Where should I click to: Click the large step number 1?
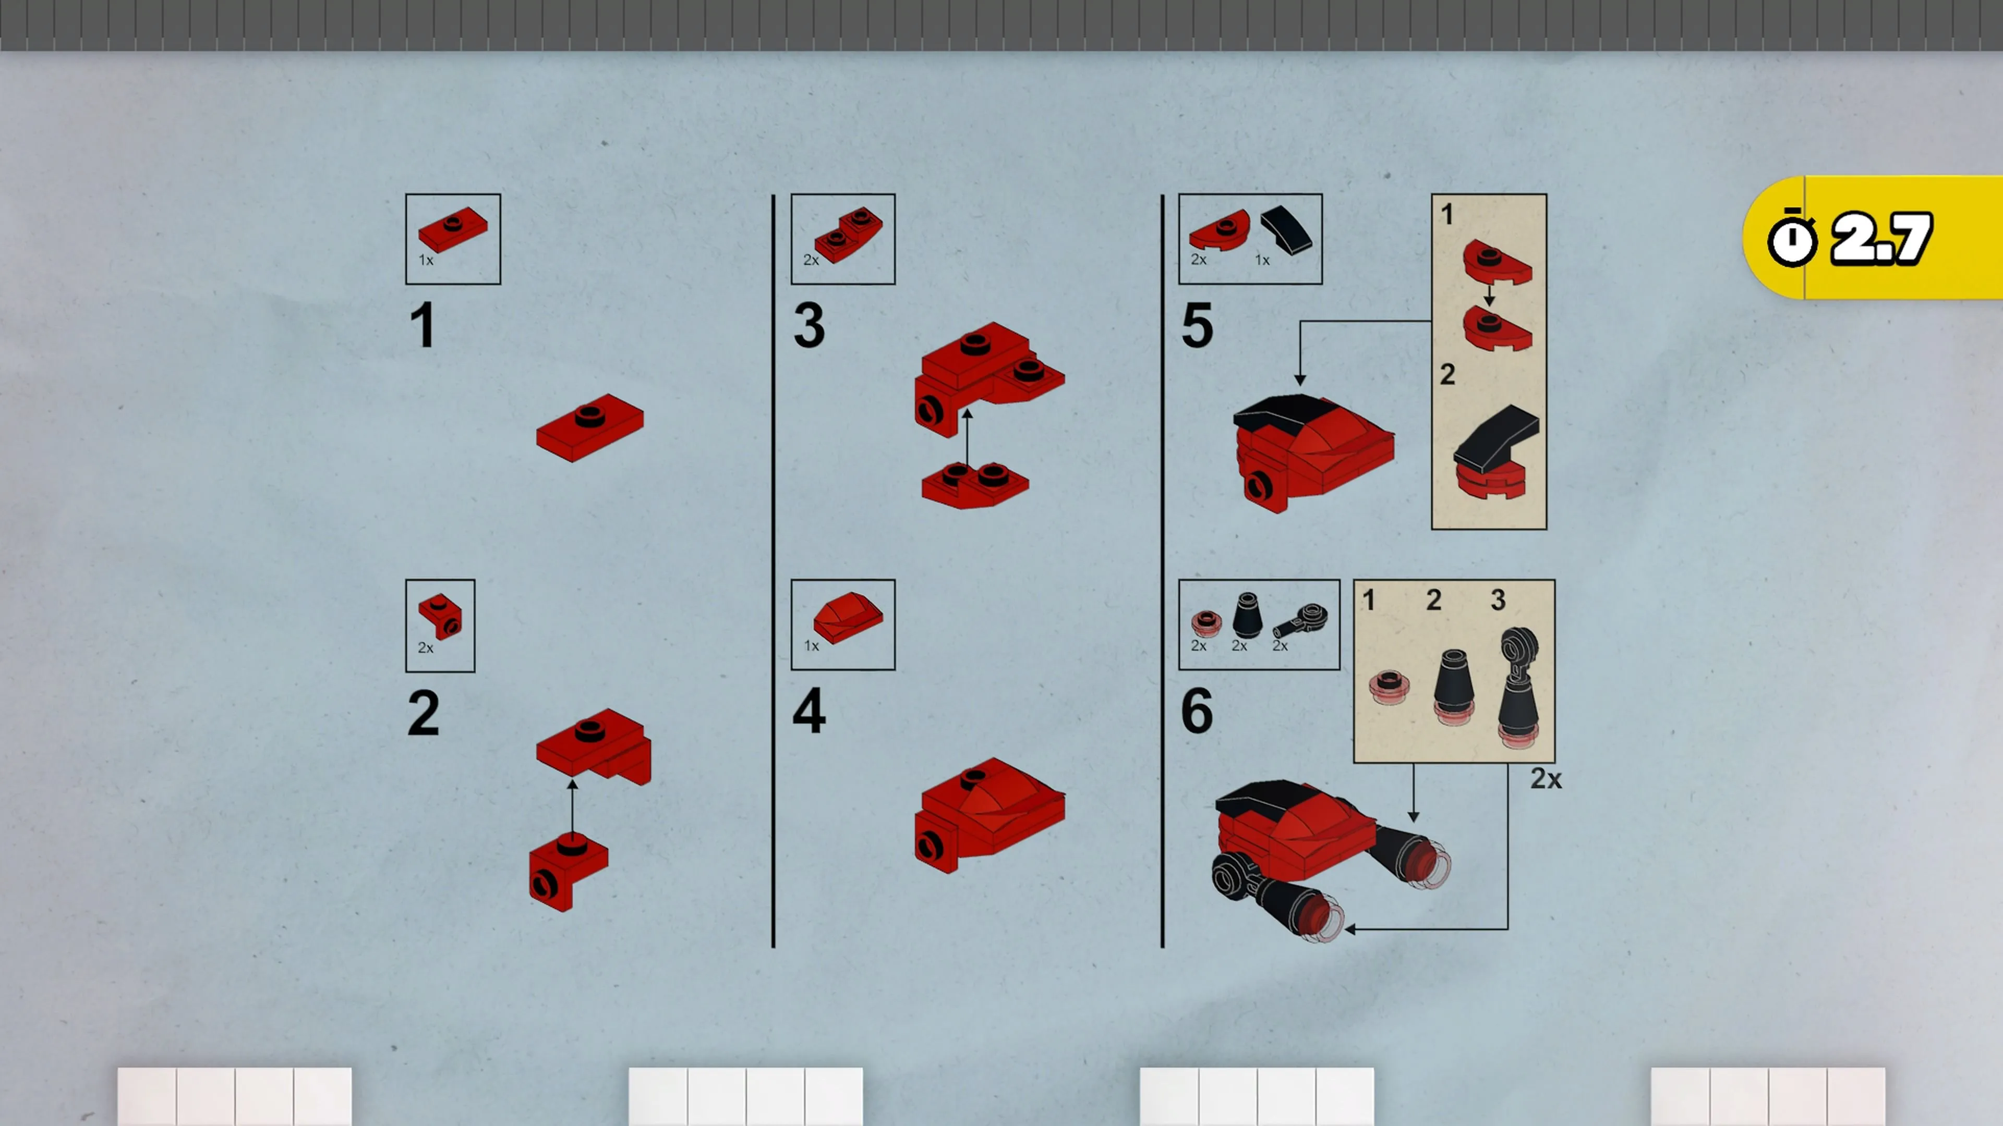pos(422,326)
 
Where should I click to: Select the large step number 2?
pos(423,713)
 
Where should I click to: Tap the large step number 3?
pos(809,326)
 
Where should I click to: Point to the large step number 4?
pos(809,711)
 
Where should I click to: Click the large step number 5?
pos(1197,326)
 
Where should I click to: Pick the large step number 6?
pos(1197,711)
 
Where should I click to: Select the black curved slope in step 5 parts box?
pos(1287,229)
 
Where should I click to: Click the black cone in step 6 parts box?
pos(1247,616)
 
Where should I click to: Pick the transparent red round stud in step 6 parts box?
pos(1206,623)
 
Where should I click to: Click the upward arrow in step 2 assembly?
pos(572,808)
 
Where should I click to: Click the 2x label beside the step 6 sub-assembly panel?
pos(1546,779)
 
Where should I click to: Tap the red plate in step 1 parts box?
pos(453,229)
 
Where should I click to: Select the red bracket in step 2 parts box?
pos(440,617)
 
